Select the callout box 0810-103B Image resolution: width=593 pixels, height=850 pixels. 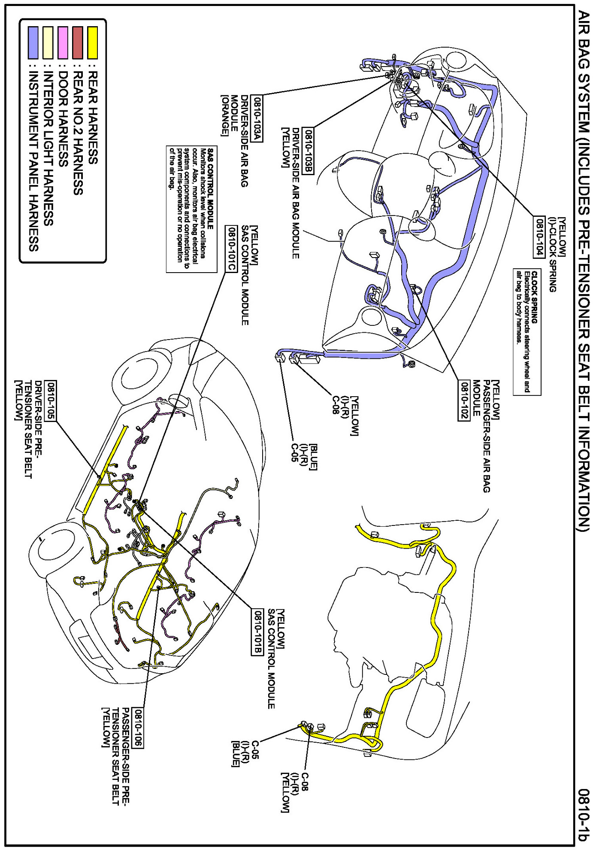pos(309,151)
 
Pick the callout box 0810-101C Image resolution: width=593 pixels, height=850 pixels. pos(231,249)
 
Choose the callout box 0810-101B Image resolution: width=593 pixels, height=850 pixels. pos(257,633)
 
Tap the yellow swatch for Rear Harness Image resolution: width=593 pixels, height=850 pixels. pos(92,42)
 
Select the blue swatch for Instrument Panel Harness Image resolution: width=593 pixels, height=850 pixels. pos(33,42)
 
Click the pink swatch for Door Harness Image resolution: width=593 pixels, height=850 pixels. pos(63,42)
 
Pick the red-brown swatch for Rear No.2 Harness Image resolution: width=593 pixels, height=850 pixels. pos(78,42)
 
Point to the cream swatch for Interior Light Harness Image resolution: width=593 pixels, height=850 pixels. pos(48,42)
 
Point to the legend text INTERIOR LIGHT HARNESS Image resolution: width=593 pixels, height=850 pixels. pos(48,148)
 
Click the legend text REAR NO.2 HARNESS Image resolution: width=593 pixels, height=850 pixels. pos(78,133)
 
